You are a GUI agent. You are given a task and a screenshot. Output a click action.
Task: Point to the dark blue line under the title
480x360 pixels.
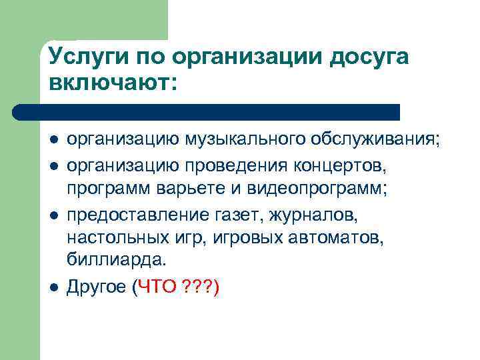pyautogui.click(x=207, y=111)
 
